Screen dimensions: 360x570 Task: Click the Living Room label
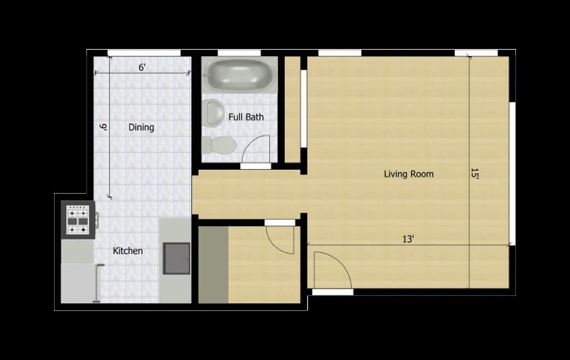(x=408, y=174)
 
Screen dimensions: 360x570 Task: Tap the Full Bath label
(x=245, y=117)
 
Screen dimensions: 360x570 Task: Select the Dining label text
(x=141, y=127)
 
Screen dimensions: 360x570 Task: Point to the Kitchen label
(x=127, y=251)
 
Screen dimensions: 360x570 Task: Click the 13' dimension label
(x=408, y=239)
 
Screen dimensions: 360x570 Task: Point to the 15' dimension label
(x=474, y=174)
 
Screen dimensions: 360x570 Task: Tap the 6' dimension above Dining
(x=142, y=68)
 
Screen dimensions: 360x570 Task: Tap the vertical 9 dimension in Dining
(x=103, y=127)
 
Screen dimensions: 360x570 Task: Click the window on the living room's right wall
(x=512, y=173)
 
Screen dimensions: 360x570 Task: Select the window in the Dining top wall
(x=143, y=53)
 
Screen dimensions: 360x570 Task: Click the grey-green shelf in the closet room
(x=213, y=264)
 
